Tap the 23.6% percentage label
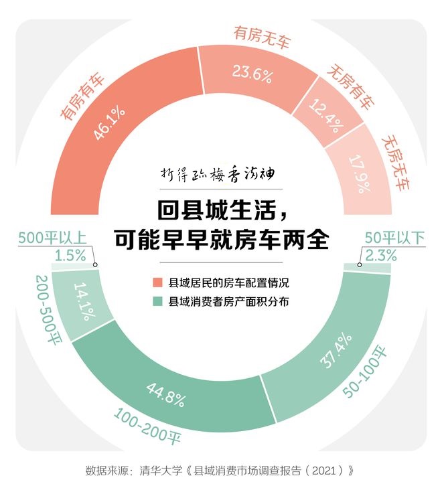[x=252, y=74]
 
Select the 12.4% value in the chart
[x=326, y=116]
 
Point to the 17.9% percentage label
[x=360, y=174]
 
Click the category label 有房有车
[x=82, y=96]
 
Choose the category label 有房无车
[x=262, y=37]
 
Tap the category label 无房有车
[x=350, y=87]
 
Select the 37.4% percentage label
[x=336, y=351]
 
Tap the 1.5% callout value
[x=70, y=256]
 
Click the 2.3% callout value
[x=381, y=256]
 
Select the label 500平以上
[x=52, y=238]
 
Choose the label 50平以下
[x=395, y=238]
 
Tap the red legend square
[x=158, y=282]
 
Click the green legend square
[x=158, y=301]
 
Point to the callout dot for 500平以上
[x=95, y=264]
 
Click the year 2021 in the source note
[x=323, y=471]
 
